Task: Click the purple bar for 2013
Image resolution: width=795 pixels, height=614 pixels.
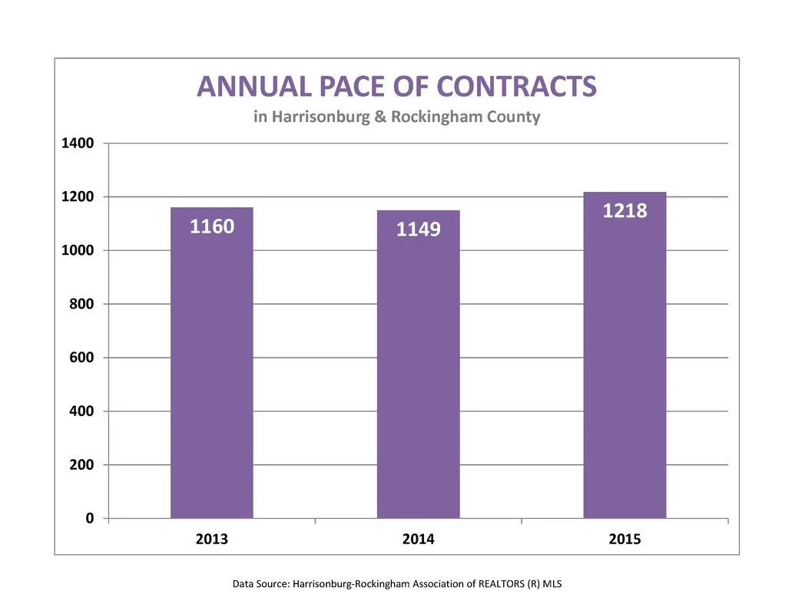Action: click(211, 363)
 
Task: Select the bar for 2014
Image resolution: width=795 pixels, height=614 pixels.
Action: click(419, 365)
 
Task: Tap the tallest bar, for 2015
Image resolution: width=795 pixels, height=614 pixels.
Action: click(624, 355)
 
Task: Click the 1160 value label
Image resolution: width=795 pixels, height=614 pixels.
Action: click(212, 226)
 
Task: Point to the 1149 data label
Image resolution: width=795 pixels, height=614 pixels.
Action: click(419, 229)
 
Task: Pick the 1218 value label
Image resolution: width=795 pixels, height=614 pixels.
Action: click(624, 211)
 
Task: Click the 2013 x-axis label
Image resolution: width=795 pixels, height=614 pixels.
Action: click(212, 539)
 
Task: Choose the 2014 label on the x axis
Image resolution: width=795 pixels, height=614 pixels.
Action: click(419, 539)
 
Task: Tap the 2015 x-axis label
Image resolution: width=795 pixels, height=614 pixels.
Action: click(624, 539)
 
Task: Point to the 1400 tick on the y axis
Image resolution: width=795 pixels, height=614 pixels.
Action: click(78, 144)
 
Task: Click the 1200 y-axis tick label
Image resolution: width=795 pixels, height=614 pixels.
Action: click(78, 196)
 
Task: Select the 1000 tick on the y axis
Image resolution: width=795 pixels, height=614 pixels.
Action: click(78, 250)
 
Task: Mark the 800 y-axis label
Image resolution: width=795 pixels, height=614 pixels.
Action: click(81, 304)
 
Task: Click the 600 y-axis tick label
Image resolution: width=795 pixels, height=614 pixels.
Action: click(81, 358)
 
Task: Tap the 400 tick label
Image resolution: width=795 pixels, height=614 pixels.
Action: click(81, 411)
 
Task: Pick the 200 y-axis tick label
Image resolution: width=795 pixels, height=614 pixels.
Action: click(81, 464)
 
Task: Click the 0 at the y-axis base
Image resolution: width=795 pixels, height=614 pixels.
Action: click(90, 518)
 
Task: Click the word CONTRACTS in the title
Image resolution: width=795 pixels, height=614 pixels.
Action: click(517, 86)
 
